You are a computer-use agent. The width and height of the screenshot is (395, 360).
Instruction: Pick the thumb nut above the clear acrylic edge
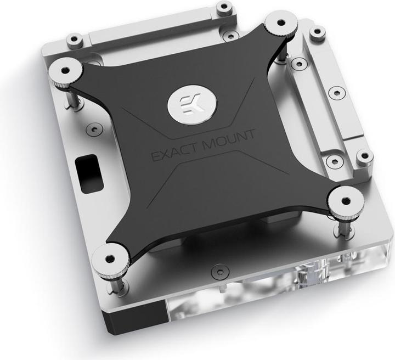tap(346, 203)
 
